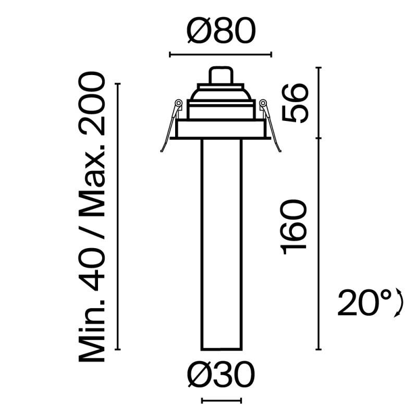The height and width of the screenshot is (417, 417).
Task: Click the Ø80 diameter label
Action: click(x=220, y=33)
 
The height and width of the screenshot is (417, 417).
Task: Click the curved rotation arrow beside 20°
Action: click(x=400, y=303)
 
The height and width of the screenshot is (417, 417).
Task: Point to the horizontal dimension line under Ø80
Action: click(x=220, y=53)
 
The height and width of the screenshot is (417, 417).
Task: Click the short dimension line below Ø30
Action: click(x=222, y=401)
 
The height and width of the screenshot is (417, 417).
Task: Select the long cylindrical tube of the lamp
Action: click(x=221, y=245)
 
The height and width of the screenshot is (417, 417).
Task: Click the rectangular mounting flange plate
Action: click(x=222, y=130)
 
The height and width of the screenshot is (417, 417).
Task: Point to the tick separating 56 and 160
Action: click(x=318, y=138)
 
